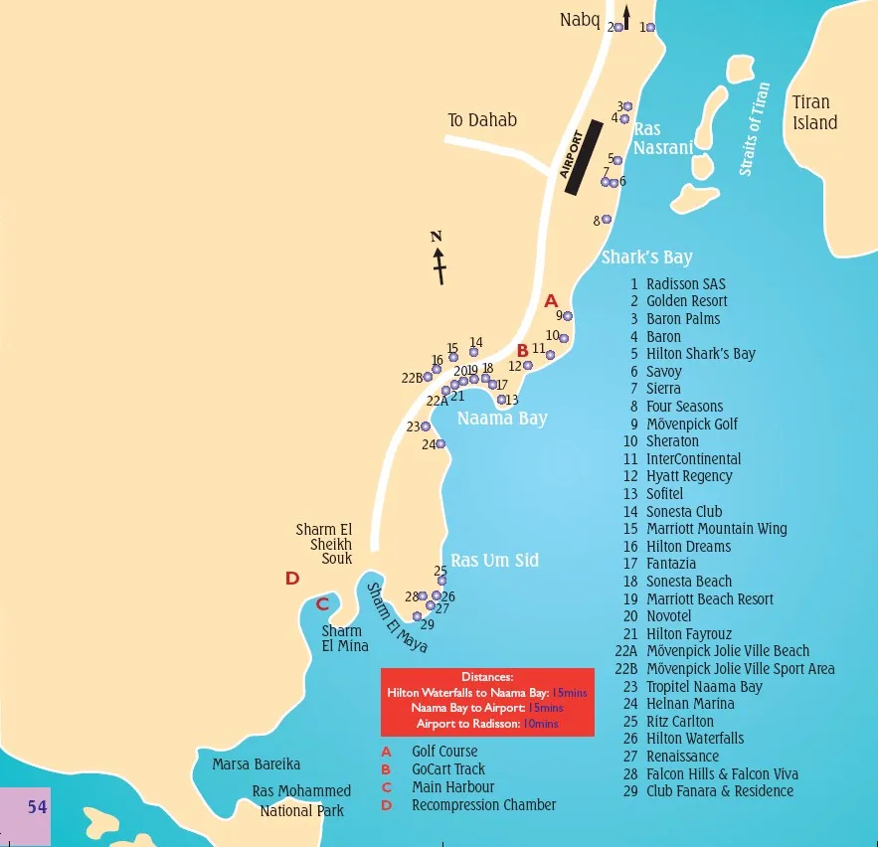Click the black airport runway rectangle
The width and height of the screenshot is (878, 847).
tap(582, 157)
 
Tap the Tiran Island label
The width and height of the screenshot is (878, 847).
tap(814, 112)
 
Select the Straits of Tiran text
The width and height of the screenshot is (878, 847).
tap(755, 129)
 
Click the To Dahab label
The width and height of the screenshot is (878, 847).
tap(482, 120)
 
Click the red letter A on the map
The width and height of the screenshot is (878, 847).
tap(551, 300)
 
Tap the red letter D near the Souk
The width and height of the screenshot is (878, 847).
tap(292, 579)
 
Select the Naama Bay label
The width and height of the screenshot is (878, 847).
tap(502, 419)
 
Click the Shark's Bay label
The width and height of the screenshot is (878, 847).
tap(646, 257)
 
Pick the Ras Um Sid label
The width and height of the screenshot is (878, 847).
tap(494, 560)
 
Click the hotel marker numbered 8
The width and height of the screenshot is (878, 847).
tap(607, 220)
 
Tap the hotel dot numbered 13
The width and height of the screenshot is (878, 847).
tap(501, 400)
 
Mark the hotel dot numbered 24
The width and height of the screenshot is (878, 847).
tap(440, 444)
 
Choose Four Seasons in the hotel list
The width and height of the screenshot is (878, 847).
tap(684, 407)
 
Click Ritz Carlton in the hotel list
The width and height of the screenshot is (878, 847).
tap(679, 722)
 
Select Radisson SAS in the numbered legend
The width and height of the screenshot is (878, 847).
tap(685, 284)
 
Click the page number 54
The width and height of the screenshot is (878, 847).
tap(37, 807)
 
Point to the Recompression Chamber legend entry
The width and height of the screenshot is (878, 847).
tap(483, 805)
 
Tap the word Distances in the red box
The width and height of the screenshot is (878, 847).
tap(486, 677)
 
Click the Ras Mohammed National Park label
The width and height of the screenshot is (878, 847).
tap(301, 800)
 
